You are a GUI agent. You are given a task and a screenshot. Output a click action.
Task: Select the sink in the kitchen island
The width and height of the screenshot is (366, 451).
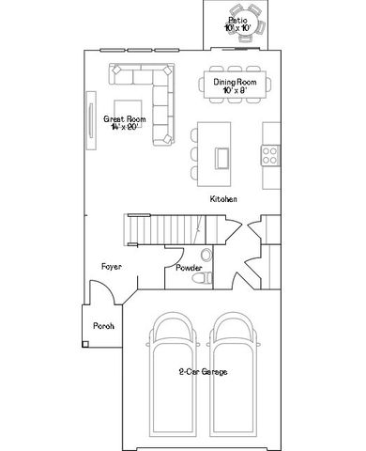(224, 154)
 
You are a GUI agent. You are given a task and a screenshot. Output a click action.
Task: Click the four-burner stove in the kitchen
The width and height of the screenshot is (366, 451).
(271, 153)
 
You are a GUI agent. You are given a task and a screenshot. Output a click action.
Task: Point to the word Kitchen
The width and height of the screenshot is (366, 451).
(222, 200)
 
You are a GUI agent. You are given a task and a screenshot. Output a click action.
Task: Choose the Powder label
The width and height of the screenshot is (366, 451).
(189, 268)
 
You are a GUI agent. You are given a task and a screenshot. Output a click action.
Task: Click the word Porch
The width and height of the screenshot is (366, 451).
(102, 326)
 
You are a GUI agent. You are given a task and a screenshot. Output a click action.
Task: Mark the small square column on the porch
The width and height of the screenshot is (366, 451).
(85, 345)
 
